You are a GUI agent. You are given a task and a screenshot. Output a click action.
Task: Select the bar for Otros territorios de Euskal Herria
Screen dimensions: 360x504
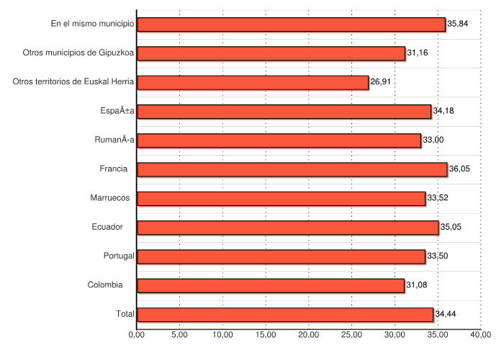pos(253,82)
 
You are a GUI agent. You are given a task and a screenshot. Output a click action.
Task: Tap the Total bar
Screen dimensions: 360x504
pos(285,315)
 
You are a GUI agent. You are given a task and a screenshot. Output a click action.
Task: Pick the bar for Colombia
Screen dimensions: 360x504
pos(271,285)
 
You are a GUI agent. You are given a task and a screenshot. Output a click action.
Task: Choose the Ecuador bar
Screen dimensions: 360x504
pos(288,228)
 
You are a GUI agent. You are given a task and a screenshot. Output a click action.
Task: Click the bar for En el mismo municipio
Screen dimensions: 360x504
pos(291,24)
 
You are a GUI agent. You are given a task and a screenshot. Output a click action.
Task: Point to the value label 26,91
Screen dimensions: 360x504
pos(381,82)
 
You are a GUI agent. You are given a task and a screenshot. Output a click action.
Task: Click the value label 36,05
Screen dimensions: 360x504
pos(460,169)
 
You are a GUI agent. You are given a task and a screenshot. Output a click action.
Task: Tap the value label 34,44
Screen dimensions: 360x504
pos(446,315)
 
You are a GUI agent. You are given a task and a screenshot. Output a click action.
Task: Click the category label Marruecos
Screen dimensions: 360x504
pos(110,198)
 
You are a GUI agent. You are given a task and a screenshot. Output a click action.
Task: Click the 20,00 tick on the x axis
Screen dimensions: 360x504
pos(309,334)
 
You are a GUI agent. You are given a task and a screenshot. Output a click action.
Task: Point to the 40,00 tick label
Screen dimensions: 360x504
pos(481,334)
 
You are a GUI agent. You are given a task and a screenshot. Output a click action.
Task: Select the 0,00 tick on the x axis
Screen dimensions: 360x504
pos(137,334)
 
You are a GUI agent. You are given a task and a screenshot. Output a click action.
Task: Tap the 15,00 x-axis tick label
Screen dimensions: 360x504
pos(266,334)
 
